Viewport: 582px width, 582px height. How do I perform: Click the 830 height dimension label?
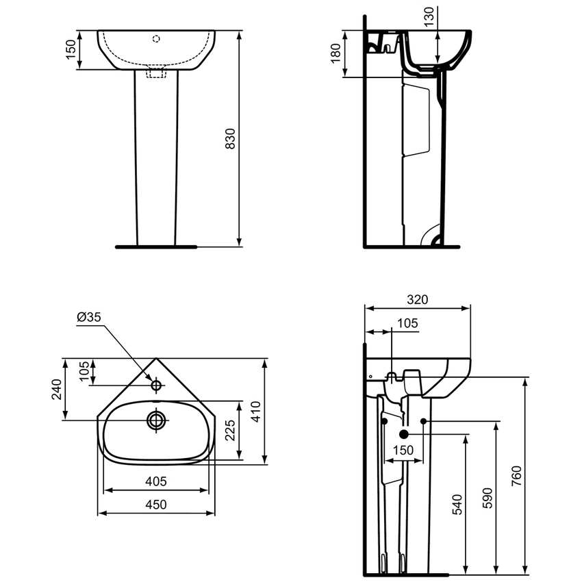231,138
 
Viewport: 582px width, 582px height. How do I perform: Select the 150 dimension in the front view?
71,49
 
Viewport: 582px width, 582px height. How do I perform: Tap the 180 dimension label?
336,54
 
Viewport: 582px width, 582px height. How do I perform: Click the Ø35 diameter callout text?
90,317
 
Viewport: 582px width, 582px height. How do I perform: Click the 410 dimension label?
255,411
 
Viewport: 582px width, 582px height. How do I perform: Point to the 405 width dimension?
156,481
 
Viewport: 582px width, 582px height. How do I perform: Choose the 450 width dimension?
156,505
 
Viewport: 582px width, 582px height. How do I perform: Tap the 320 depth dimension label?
417,299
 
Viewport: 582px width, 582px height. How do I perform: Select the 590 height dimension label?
487,496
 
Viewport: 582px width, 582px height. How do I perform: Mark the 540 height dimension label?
457,504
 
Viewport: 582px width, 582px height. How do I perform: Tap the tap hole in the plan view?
156,386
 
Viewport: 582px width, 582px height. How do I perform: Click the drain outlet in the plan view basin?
157,420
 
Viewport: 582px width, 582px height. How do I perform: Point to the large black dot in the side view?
403,434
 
